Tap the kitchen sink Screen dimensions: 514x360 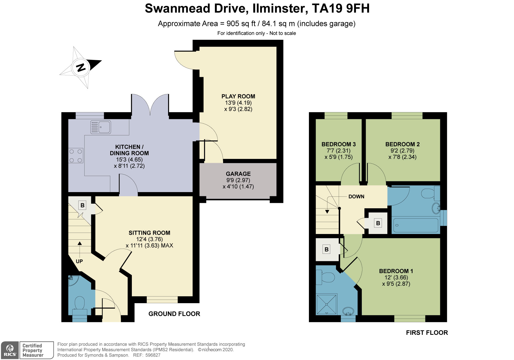pyautogui.click(x=101, y=127)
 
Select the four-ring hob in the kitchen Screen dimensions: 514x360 pyautogui.click(x=76, y=156)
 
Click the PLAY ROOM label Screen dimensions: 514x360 pyautogui.click(x=238, y=96)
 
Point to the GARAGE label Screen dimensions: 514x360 pyautogui.click(x=238, y=174)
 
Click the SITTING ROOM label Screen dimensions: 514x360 pyautogui.click(x=149, y=233)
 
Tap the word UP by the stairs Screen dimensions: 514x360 pyautogui.click(x=79, y=262)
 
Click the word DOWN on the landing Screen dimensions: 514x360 pyautogui.click(x=356, y=197)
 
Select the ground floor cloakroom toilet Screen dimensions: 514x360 pyautogui.click(x=80, y=306)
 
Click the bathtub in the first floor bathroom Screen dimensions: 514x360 pyautogui.click(x=416, y=226)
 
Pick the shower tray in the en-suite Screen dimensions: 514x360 pyautogui.click(x=326, y=304)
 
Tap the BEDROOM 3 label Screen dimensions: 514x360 pyautogui.click(x=338, y=144)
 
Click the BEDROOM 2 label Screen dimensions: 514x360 pyautogui.click(x=402, y=144)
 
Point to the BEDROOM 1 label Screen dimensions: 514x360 pyautogui.click(x=396, y=271)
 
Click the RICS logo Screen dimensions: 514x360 pyautogui.click(x=10, y=350)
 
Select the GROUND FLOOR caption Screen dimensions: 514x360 pyautogui.click(x=174, y=314)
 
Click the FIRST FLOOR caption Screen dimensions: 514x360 pyautogui.click(x=427, y=332)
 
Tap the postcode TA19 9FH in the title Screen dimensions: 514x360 pyautogui.click(x=341, y=8)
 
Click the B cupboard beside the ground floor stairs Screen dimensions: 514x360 pyautogui.click(x=82, y=205)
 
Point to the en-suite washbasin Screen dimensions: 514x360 pyautogui.click(x=348, y=311)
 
